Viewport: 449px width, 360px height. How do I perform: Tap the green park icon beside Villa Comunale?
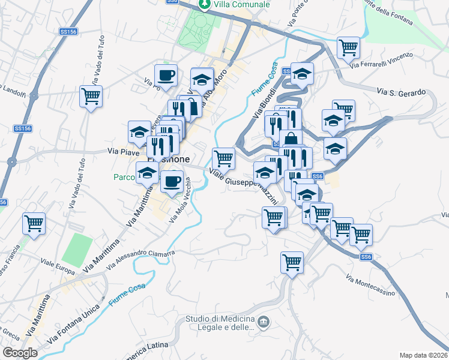pos(205,4)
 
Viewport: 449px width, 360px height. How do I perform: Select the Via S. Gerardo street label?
pos(402,92)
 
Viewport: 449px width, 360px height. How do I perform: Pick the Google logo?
pos(20,353)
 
